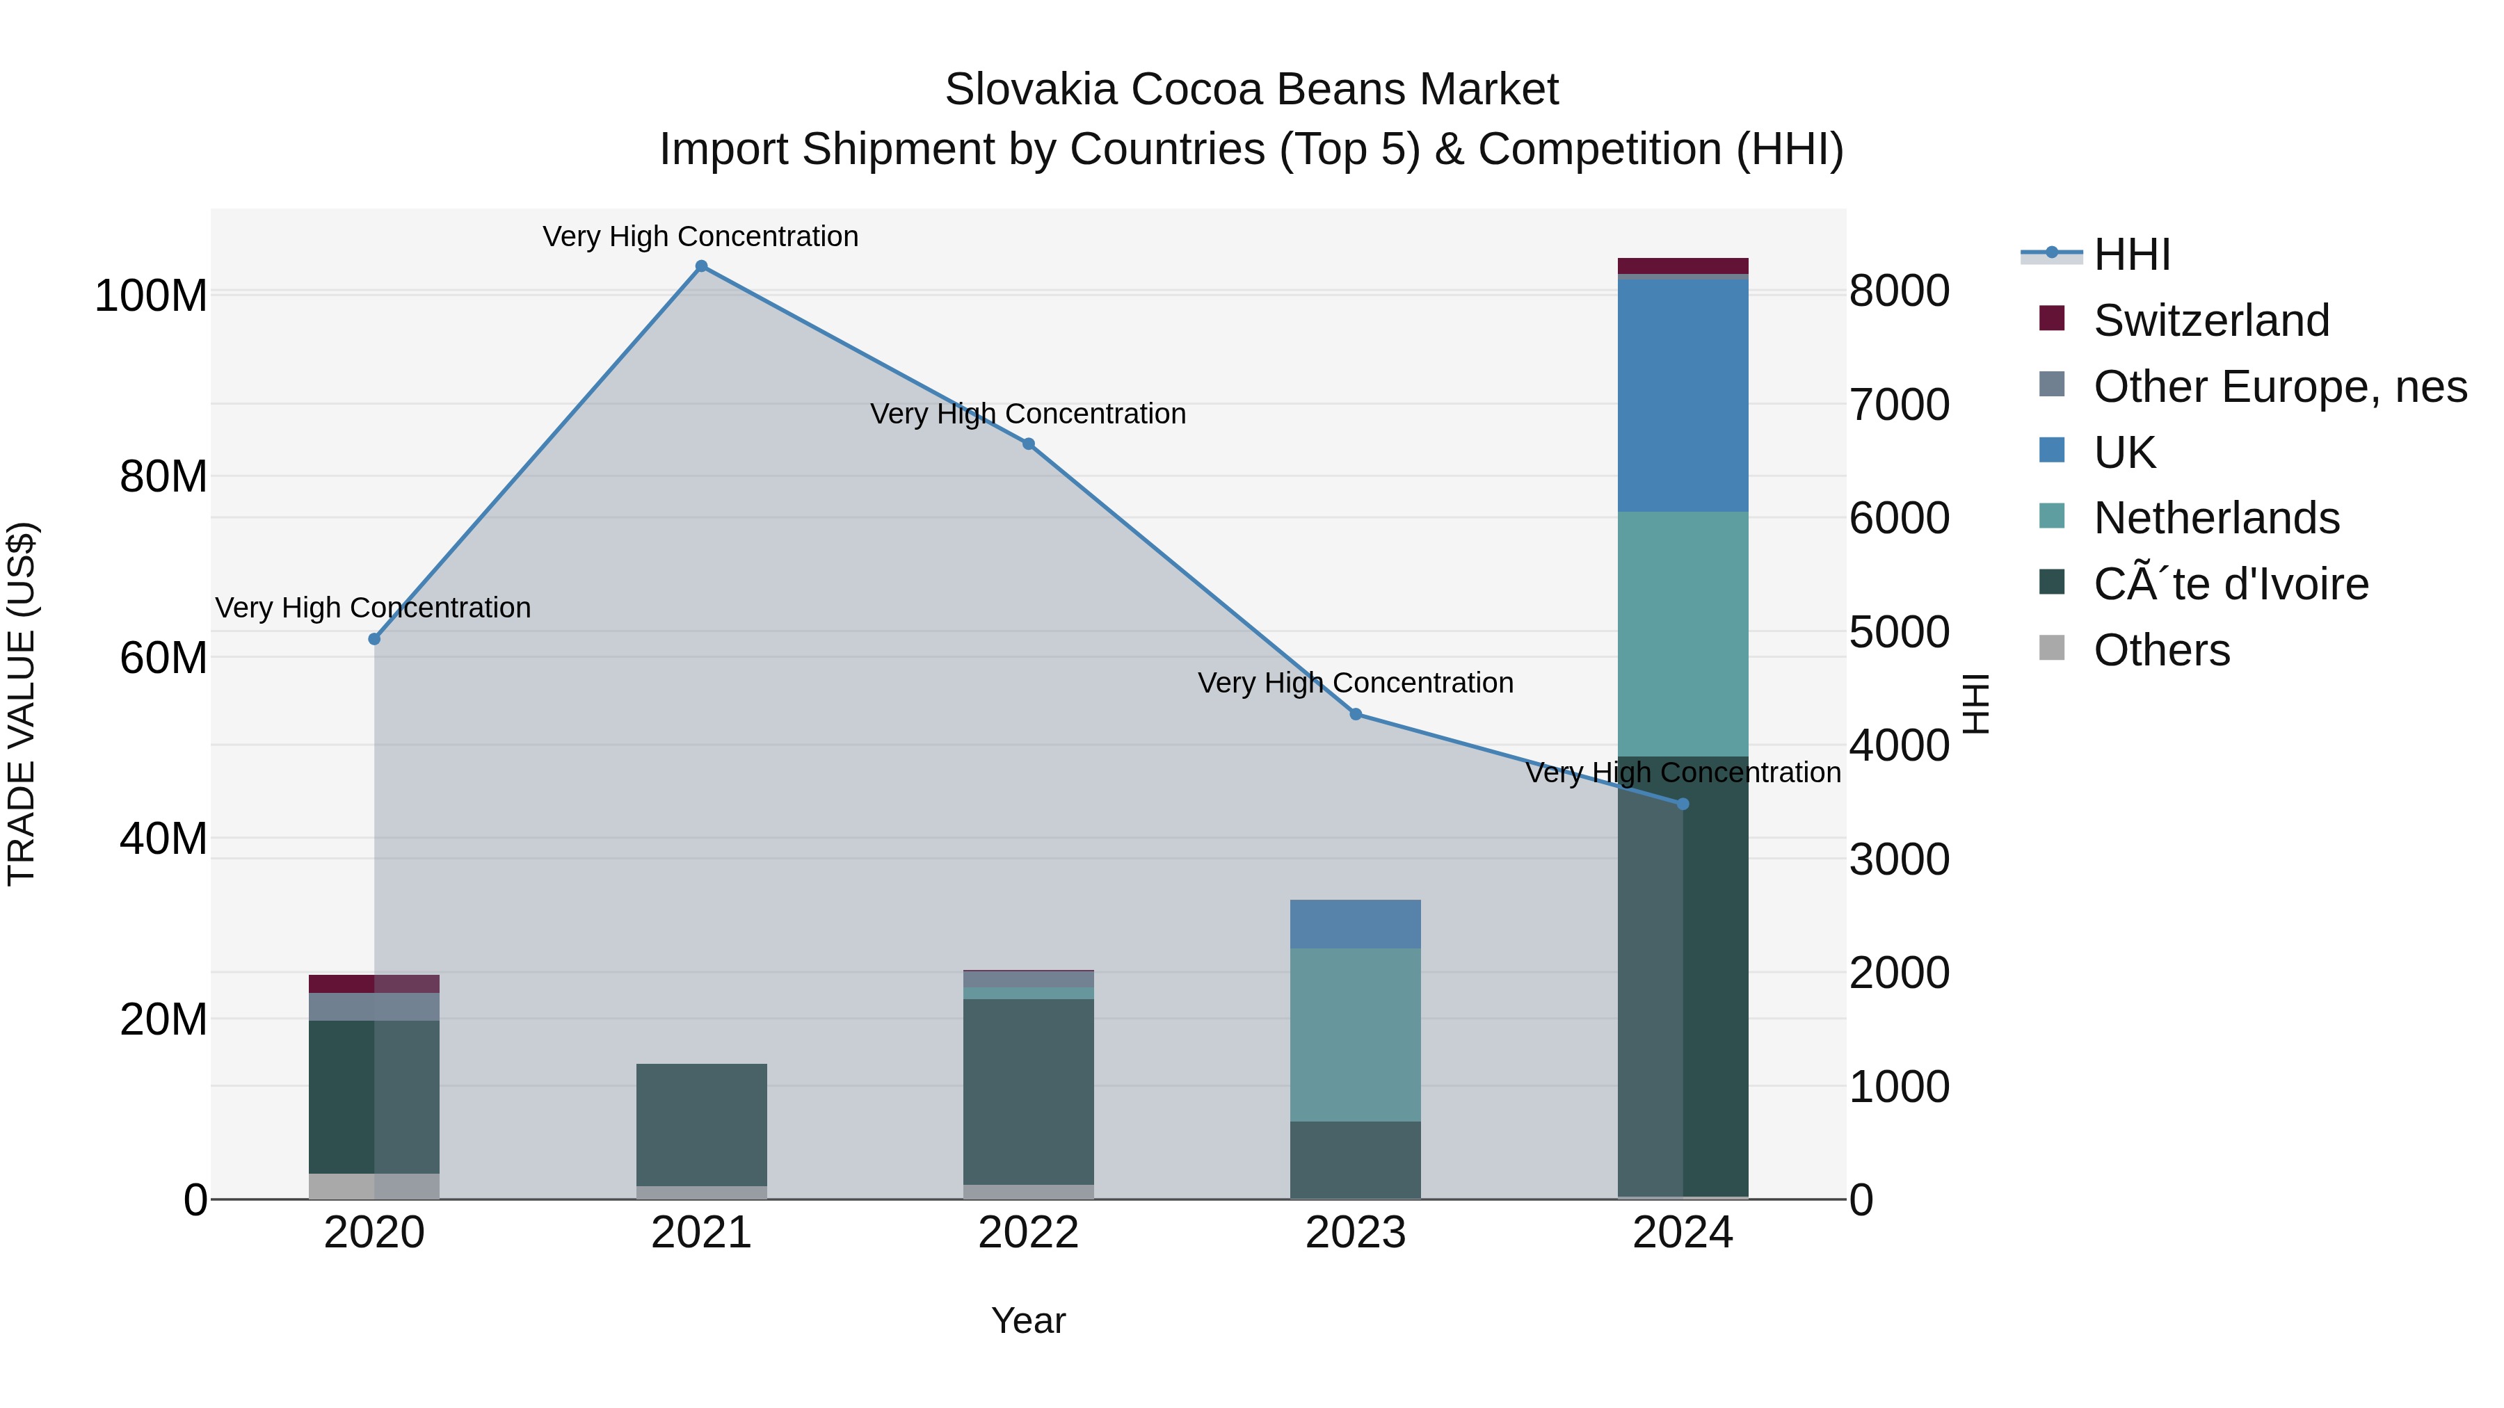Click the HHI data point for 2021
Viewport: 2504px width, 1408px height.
click(x=701, y=266)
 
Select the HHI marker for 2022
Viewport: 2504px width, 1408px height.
click(x=1029, y=444)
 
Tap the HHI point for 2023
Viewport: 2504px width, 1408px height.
click(x=1356, y=714)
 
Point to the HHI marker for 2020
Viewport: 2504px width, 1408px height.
click(x=374, y=638)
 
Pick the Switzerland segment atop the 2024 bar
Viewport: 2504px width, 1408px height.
click(x=1683, y=266)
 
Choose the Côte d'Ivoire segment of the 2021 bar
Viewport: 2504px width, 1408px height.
click(x=701, y=1124)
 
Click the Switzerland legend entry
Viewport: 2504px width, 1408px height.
click(x=2210, y=321)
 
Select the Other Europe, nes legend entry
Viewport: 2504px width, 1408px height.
click(x=2279, y=387)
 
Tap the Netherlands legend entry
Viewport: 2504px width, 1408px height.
click(x=2216, y=518)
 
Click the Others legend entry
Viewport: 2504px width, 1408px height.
click(x=2161, y=650)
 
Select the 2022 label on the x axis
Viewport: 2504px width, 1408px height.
click(x=1029, y=1233)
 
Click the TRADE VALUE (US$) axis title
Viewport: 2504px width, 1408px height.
click(x=22, y=704)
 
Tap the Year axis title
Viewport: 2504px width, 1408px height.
click(x=1029, y=1320)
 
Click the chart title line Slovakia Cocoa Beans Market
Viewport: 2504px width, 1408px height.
click(x=1251, y=90)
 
